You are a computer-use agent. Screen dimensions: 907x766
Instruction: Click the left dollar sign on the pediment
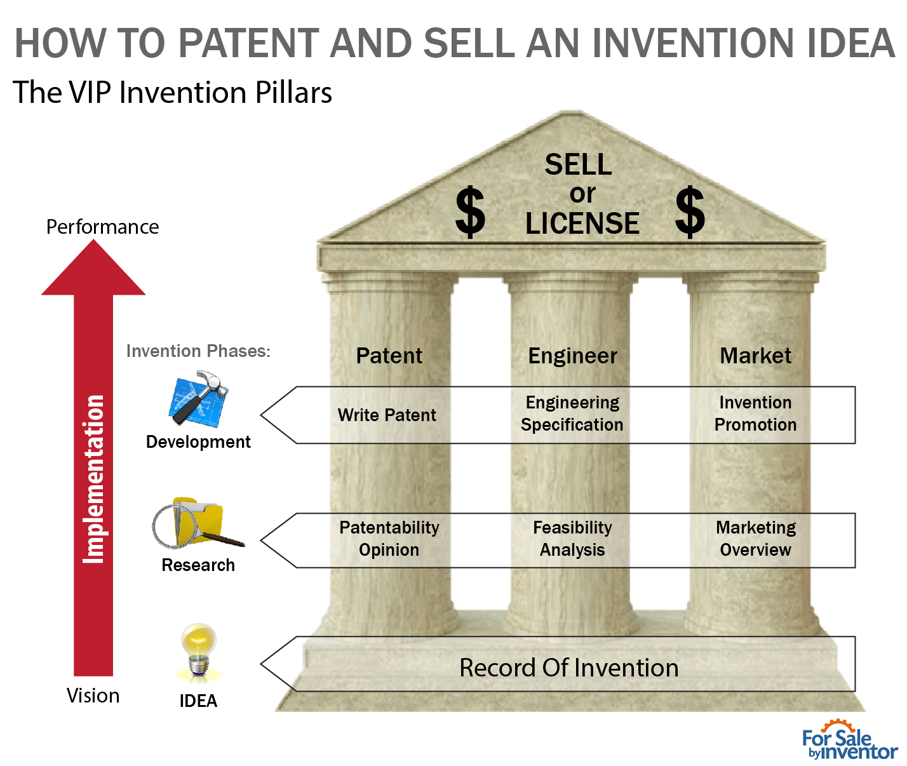point(470,213)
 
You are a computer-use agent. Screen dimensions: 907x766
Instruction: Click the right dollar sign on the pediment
point(690,213)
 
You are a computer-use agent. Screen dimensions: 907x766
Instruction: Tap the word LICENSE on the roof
point(582,224)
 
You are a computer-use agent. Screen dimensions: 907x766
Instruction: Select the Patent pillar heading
point(389,356)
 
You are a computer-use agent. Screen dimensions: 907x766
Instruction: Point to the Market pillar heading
point(755,356)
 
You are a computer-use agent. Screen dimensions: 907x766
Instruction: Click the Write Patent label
point(387,415)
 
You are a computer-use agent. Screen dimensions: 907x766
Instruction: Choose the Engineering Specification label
point(572,413)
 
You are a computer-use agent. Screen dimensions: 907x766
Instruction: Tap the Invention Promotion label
point(755,413)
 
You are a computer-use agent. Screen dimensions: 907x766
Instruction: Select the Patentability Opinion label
point(389,539)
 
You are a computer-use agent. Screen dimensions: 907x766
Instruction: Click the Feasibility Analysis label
point(572,539)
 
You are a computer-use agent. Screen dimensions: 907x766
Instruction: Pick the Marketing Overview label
point(756,539)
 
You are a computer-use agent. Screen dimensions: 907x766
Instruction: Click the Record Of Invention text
point(569,668)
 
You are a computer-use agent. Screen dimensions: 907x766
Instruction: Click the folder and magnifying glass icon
point(198,523)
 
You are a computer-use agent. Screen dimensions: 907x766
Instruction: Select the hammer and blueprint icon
point(199,399)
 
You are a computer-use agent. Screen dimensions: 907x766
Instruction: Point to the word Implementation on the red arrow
point(93,480)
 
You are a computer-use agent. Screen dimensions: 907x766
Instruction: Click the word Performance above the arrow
point(102,227)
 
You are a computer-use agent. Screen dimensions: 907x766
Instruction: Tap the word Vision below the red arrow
point(93,695)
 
